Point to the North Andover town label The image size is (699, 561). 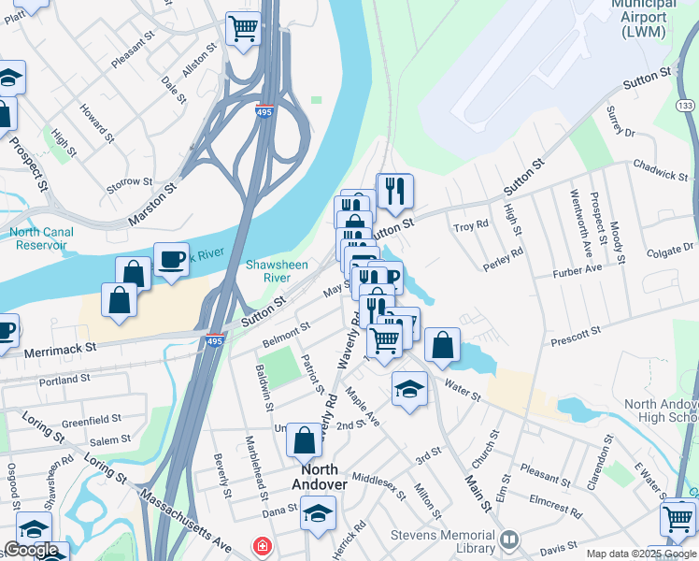[320, 476]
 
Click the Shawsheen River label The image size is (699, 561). [277, 271]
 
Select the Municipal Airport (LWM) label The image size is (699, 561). [643, 19]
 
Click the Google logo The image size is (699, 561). [32, 550]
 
